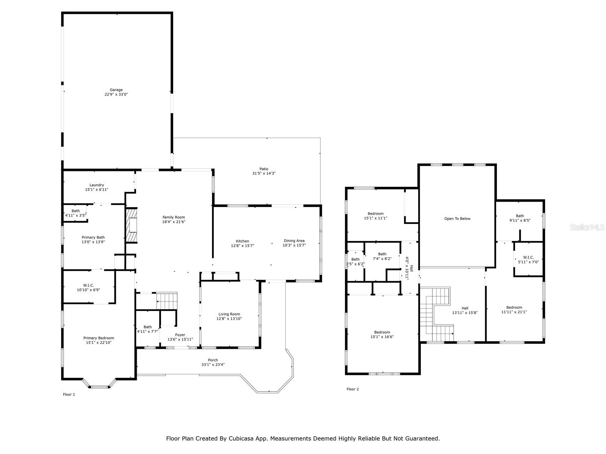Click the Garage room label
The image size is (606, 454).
tap(116, 90)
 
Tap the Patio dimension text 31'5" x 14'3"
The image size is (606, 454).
tap(264, 173)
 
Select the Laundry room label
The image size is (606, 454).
tap(97, 185)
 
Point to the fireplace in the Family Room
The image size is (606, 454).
tap(132, 225)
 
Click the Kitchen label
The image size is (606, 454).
tap(242, 241)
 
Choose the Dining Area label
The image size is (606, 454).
tap(294, 241)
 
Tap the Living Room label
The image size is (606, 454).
tap(229, 314)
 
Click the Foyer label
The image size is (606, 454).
tap(180, 335)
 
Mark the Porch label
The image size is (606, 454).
tap(213, 360)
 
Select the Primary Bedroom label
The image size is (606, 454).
tap(98, 338)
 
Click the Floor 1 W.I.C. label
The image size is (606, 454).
tap(88, 285)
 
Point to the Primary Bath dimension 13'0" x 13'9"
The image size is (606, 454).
tap(93, 242)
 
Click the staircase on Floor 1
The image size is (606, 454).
tap(167, 301)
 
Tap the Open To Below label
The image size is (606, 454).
tap(457, 219)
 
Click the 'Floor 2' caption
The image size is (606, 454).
tap(353, 389)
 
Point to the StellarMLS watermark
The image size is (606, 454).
tap(587, 227)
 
